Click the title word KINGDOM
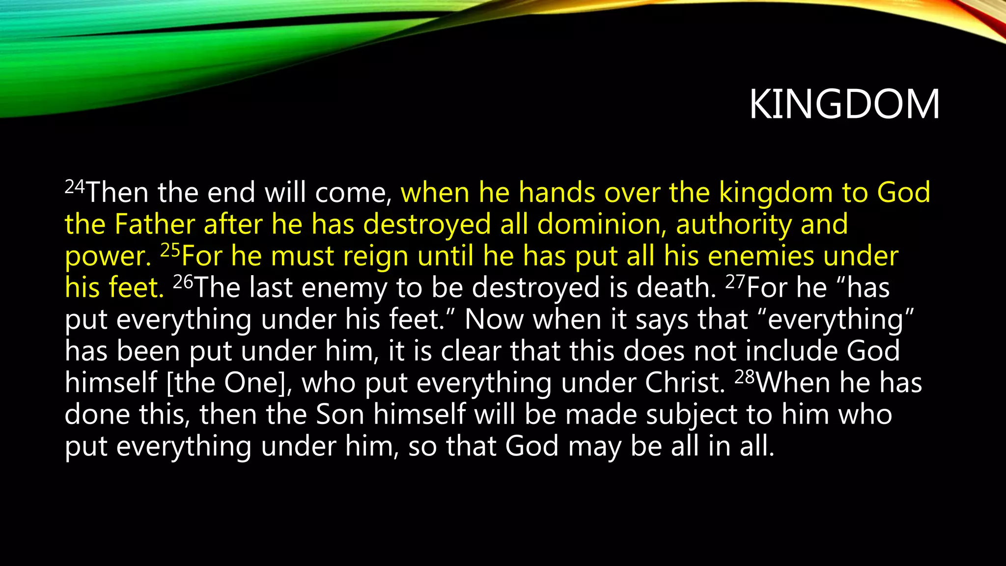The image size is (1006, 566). click(x=844, y=104)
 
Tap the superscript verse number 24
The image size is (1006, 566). click(x=75, y=187)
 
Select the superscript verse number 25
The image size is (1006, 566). click(x=170, y=251)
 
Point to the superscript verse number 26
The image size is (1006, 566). click(x=183, y=282)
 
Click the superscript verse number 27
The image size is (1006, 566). click(x=735, y=282)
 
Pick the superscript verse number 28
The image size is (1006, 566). click(x=745, y=377)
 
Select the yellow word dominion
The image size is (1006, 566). click(x=602, y=224)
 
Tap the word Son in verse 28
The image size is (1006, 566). click(x=339, y=414)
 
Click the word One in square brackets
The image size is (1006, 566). click(x=251, y=383)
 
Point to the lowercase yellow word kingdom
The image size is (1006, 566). click(x=776, y=193)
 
